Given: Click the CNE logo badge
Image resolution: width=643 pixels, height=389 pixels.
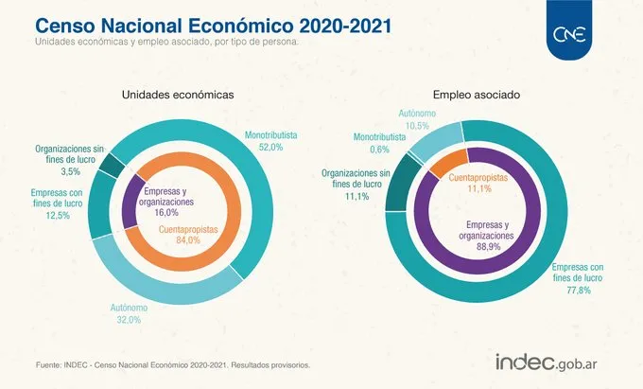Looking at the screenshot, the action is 569,30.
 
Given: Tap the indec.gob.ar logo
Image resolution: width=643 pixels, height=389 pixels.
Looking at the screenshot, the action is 547,362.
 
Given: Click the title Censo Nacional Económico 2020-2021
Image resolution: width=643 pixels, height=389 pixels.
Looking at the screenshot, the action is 214,26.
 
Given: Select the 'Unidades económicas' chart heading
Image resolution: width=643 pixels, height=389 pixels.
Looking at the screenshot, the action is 178,95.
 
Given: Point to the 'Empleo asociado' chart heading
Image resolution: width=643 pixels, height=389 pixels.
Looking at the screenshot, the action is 477,95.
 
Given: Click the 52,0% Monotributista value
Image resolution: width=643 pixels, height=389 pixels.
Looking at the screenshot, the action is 270,147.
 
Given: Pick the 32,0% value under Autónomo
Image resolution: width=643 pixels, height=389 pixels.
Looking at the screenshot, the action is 129,319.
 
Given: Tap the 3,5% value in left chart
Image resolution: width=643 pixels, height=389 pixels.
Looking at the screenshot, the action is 71,171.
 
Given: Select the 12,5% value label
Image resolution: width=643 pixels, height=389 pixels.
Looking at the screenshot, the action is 58,215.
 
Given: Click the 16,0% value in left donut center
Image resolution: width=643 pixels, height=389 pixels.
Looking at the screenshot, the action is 166,213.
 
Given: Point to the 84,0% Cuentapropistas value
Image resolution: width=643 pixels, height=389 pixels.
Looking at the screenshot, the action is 188,240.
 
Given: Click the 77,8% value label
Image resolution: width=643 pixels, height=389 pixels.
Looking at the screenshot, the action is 579,291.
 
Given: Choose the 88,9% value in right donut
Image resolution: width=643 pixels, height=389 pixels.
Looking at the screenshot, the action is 489,247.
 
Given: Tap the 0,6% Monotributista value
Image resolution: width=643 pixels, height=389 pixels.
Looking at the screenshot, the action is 379,150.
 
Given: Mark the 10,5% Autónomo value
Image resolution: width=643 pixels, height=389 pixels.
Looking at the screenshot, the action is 417,126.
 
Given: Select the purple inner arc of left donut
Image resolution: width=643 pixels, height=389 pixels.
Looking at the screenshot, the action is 130,202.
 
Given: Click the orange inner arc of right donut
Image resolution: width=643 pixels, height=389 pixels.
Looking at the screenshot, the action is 449,163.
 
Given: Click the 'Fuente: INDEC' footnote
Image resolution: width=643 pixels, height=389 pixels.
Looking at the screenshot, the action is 173,364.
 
